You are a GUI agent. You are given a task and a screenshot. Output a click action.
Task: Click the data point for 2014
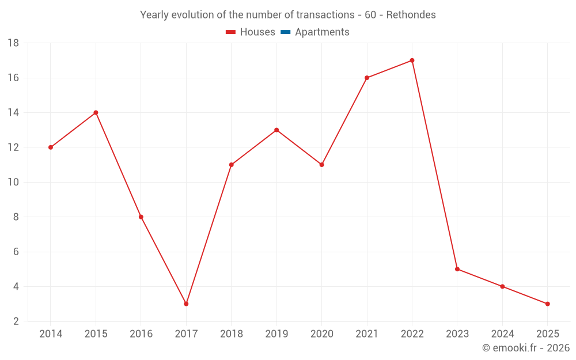(51, 147)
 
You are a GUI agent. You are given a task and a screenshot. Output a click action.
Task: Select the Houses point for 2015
(96, 112)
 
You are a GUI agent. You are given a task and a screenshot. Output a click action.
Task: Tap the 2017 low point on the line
(186, 304)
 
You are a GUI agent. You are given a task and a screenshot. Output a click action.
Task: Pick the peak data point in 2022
(412, 60)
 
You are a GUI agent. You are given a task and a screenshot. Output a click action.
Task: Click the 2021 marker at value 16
(367, 78)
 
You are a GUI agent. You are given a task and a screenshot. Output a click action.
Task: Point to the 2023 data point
(457, 269)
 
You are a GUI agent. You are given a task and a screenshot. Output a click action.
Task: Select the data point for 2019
(276, 130)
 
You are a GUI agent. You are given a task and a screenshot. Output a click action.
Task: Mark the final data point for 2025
(547, 304)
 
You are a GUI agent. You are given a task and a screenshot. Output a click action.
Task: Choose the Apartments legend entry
(321, 32)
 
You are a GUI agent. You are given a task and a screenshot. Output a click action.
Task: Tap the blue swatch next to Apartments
(285, 32)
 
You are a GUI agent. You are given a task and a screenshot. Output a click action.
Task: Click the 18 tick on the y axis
(13, 43)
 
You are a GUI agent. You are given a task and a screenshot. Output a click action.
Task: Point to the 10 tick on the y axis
(13, 182)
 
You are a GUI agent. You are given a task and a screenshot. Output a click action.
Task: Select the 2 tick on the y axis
(16, 321)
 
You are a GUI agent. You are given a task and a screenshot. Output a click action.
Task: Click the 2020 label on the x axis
(321, 334)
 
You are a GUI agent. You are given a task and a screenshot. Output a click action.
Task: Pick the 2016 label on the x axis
(141, 334)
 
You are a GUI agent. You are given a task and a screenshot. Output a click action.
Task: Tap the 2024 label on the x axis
(502, 334)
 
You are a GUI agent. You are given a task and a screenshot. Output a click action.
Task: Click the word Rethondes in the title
(411, 15)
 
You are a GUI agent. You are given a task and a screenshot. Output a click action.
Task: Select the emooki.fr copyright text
(525, 348)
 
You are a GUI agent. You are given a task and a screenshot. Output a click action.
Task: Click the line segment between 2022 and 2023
(435, 165)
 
